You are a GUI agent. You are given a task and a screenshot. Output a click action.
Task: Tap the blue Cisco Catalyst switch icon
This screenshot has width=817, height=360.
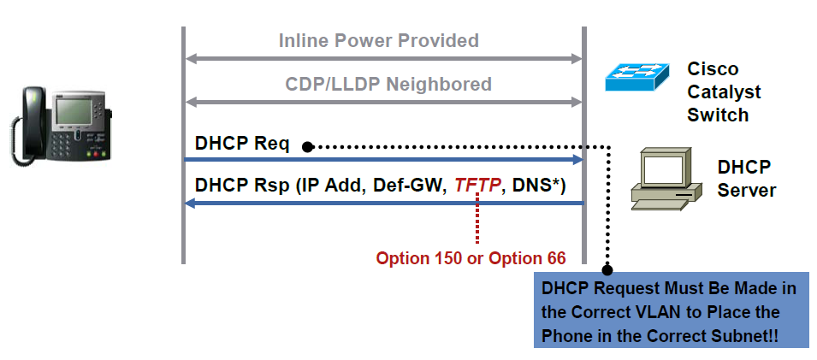[x=637, y=78]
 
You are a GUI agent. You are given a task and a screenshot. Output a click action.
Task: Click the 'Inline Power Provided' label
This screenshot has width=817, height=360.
[x=378, y=40]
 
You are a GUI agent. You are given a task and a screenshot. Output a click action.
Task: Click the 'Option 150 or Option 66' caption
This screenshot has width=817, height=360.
[x=471, y=258]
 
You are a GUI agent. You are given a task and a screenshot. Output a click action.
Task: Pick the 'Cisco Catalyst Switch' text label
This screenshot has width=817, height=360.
[x=724, y=91]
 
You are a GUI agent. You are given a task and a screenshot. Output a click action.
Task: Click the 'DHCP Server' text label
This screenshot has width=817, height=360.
[x=745, y=178]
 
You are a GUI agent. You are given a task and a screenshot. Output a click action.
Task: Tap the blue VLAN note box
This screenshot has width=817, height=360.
[x=672, y=312]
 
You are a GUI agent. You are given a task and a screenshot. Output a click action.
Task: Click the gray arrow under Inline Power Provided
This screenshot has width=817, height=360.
[x=383, y=59]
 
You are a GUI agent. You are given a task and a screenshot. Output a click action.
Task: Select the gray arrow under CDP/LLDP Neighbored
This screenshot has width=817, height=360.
[x=383, y=103]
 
